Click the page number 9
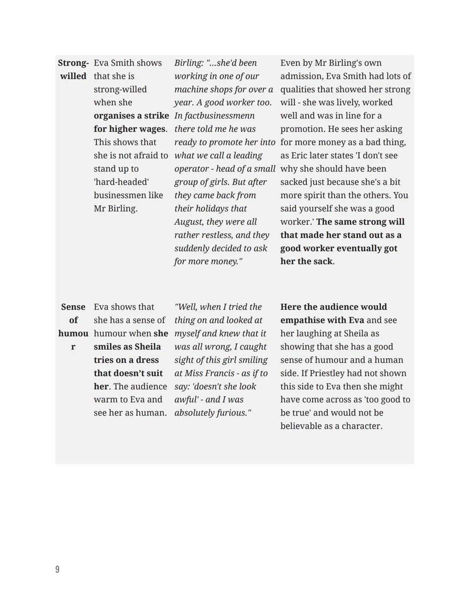coord(57,569)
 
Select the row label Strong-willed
coord(73,70)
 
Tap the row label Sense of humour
coord(73,326)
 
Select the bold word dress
coord(147,360)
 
